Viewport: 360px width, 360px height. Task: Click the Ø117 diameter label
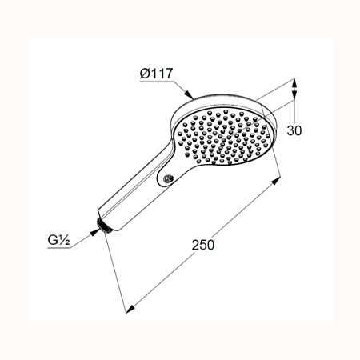coord(157,74)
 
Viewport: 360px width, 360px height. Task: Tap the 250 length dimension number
coord(203,245)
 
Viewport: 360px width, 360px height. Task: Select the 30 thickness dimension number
coord(294,130)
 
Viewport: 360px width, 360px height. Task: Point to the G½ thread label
coord(58,240)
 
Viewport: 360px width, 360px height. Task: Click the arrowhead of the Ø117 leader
coord(189,94)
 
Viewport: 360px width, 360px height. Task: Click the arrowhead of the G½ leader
coord(94,232)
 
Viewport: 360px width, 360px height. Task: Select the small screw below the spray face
coord(168,178)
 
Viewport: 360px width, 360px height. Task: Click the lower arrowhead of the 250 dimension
coord(130,310)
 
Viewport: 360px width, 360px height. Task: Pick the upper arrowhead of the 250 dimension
coord(276,181)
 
